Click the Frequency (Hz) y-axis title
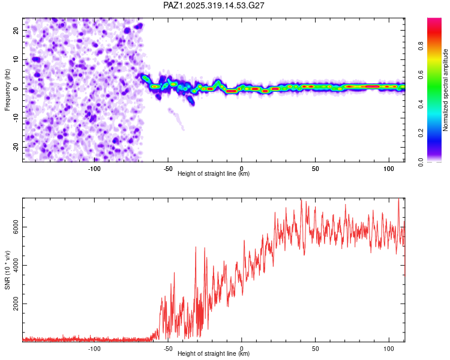(x=7, y=89)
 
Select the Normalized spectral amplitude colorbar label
(x=446, y=90)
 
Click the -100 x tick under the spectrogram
(x=94, y=169)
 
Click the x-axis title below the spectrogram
(x=214, y=174)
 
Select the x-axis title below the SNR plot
(x=214, y=354)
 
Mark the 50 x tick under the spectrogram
(x=315, y=169)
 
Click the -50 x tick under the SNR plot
(x=168, y=349)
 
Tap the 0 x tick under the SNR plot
(x=242, y=349)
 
